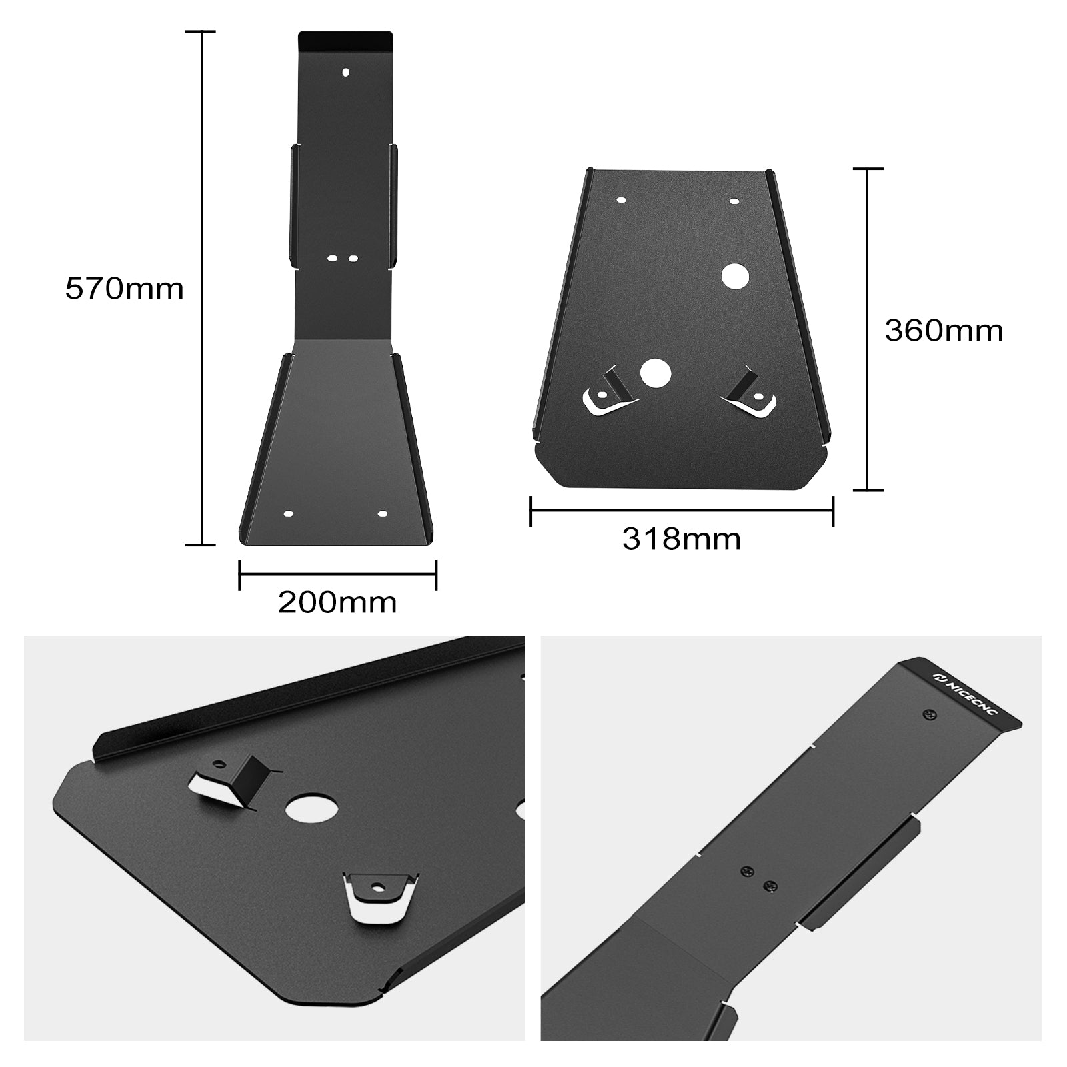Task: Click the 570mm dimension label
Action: click(124, 289)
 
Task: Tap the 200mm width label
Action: click(337, 602)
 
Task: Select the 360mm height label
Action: click(944, 331)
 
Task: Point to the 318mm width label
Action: click(681, 539)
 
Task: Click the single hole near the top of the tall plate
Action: click(345, 72)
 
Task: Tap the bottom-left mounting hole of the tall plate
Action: click(288, 515)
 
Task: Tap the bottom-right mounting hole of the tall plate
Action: click(382, 514)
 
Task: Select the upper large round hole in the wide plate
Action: click(734, 276)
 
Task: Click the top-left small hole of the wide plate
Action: click(622, 200)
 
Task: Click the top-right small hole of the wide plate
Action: click(734, 200)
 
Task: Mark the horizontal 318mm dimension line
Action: click(681, 511)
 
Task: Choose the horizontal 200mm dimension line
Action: click(337, 574)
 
